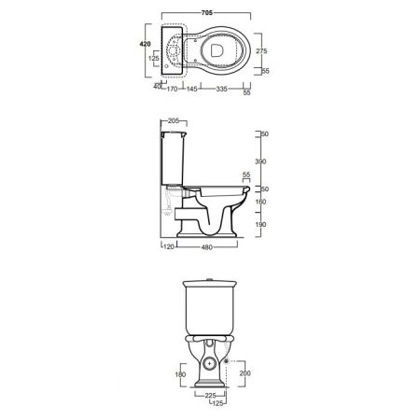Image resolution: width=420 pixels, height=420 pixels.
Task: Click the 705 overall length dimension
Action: [x=207, y=13]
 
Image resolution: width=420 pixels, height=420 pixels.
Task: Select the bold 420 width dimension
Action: [x=145, y=44]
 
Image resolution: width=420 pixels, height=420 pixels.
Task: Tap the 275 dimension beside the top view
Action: [x=261, y=51]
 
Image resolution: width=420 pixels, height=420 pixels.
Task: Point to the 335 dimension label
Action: [x=221, y=89]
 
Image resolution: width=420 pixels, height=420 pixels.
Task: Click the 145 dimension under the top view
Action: [x=192, y=89]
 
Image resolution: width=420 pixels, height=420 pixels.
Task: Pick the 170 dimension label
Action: [x=172, y=89]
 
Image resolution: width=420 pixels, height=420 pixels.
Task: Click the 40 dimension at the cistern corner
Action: [x=158, y=86]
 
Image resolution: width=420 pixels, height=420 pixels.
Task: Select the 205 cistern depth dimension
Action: [x=174, y=120]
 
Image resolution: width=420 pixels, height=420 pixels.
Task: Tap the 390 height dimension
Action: [x=260, y=161]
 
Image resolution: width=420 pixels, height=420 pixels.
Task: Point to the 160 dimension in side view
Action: [x=260, y=202]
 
